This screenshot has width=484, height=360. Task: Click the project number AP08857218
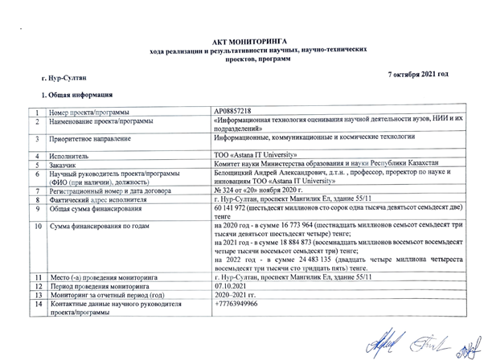pos(233,110)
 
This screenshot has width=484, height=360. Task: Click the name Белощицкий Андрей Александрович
pos(277,172)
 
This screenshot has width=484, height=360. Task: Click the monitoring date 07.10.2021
pos(232,286)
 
